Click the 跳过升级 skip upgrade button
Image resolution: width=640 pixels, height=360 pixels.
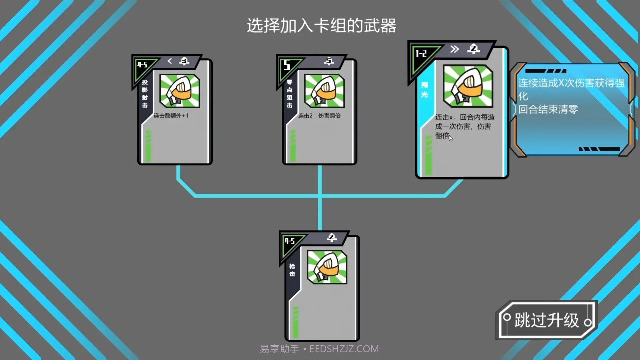[x=547, y=320]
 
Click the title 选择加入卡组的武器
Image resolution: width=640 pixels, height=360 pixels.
[x=321, y=25]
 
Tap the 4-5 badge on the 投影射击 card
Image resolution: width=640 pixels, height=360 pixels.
[x=142, y=65]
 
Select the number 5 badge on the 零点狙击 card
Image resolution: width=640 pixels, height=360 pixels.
[x=287, y=65]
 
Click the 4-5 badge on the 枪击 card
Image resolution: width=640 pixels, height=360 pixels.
[x=289, y=241]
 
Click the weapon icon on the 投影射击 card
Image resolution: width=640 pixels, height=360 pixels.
[x=180, y=91]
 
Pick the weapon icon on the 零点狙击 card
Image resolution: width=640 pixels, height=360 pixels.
[x=324, y=91]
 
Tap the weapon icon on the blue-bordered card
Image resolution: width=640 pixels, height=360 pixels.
[x=468, y=86]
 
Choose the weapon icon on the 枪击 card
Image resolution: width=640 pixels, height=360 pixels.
[x=327, y=267]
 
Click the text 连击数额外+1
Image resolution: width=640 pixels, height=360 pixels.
[x=171, y=116]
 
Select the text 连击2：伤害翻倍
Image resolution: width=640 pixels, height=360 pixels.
[x=319, y=116]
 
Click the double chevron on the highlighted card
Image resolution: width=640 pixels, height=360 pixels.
[x=454, y=49]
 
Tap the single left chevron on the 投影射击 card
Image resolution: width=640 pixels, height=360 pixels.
[x=170, y=61]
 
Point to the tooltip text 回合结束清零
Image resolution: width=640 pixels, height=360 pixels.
[x=548, y=109]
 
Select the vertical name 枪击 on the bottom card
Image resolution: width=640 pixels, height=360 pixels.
[x=292, y=270]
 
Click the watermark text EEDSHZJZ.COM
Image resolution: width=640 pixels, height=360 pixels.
[x=344, y=349]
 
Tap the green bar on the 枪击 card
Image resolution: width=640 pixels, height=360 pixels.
[x=295, y=323]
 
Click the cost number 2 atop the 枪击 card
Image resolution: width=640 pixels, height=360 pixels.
[x=331, y=237]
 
